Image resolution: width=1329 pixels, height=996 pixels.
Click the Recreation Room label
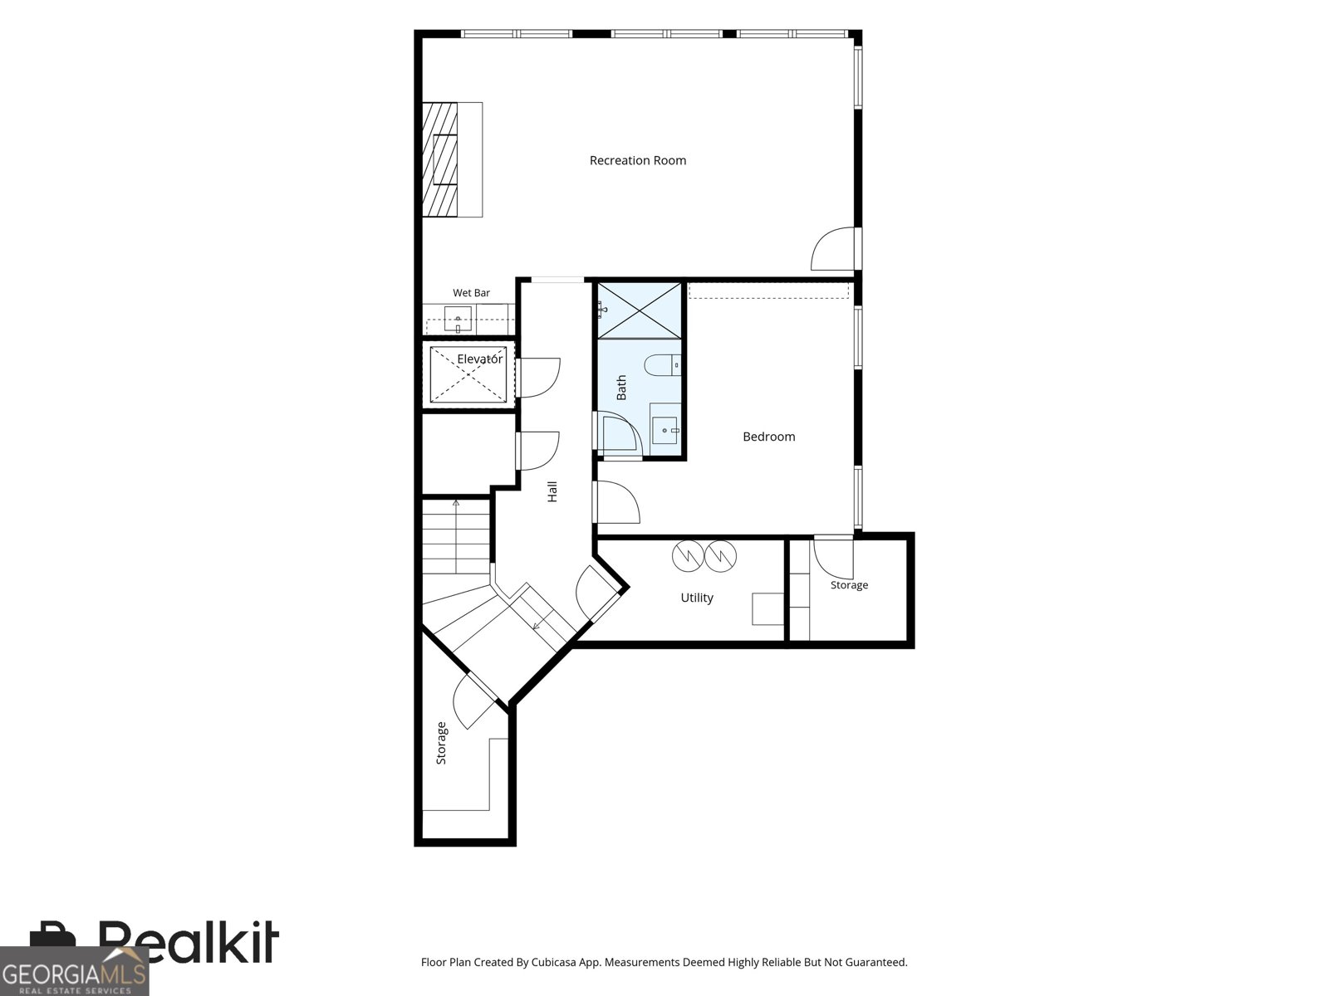(638, 160)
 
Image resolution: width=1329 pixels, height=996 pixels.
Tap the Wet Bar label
(471, 293)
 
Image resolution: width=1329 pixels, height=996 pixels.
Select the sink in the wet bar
(458, 320)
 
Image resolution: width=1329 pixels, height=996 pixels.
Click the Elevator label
(479, 359)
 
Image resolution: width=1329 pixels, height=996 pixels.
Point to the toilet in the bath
(662, 365)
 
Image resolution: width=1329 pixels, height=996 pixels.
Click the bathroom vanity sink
(664, 431)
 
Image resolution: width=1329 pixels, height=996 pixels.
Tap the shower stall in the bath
(640, 310)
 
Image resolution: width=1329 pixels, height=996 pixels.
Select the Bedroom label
(769, 437)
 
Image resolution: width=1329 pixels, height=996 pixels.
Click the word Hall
(552, 491)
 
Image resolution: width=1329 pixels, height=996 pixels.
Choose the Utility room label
(697, 598)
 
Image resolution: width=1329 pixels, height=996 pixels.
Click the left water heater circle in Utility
(688, 556)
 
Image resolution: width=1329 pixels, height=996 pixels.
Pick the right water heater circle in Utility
(720, 556)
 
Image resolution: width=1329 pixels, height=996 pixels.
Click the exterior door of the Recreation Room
(836, 248)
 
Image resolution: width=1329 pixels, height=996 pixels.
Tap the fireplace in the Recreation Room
(440, 159)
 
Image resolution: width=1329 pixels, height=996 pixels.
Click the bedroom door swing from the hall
(616, 502)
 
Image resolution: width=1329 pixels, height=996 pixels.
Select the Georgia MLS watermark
(75, 971)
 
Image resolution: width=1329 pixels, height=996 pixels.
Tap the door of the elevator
(537, 378)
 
